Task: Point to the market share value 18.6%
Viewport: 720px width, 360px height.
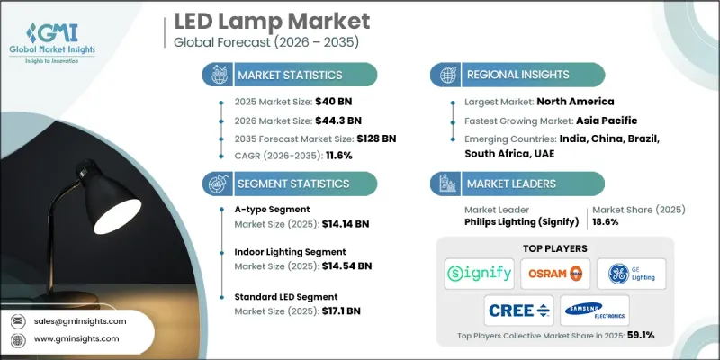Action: [607, 221]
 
